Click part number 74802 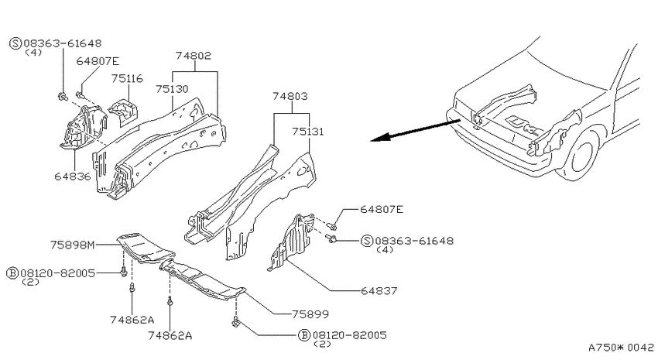coord(193,56)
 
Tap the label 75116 coord(127,78)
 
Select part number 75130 coord(172,89)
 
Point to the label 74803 coord(290,96)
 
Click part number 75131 coord(308,132)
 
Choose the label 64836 coord(73,177)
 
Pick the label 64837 coord(379,290)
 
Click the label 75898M coord(73,245)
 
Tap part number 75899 coord(310,314)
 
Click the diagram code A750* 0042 coord(622,348)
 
